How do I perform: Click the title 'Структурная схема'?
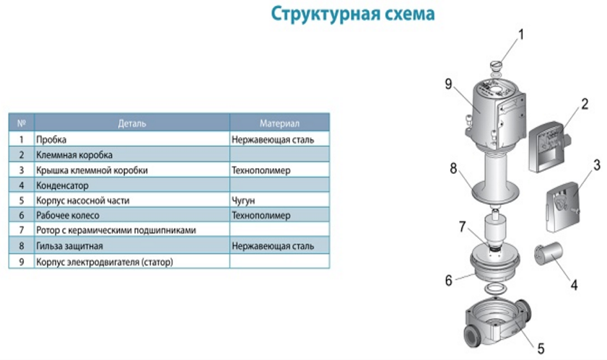tap(353, 14)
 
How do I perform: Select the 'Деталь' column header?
tap(132, 123)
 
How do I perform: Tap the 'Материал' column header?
tap(279, 123)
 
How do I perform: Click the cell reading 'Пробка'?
tap(51, 139)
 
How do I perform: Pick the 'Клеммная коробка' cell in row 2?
tap(74, 155)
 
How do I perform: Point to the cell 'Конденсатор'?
tap(62, 185)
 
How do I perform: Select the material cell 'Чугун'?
tap(243, 201)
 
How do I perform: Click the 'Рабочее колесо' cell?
tap(68, 215)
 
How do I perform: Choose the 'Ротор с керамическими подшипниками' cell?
tap(116, 230)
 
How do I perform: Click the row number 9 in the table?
tap(21, 262)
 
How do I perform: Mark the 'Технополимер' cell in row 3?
tap(261, 170)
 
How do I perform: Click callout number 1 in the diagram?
tap(520, 35)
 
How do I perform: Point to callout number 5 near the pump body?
tap(541, 348)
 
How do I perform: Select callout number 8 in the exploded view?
tap(453, 168)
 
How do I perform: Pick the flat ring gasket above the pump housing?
tap(496, 289)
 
